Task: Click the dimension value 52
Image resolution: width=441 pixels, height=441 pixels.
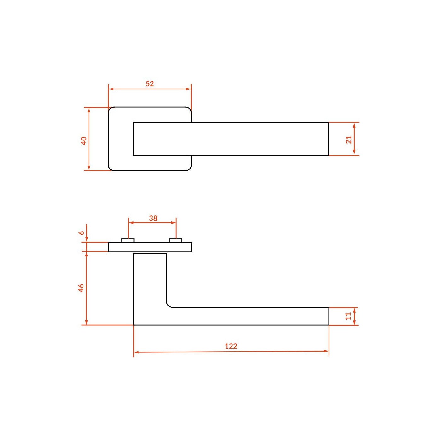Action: tap(150, 84)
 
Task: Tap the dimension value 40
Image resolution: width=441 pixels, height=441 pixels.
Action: tap(84, 140)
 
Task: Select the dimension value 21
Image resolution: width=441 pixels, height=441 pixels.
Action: tap(348, 140)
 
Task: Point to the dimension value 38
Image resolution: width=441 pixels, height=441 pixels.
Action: tap(153, 218)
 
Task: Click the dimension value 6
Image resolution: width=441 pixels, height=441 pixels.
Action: tap(82, 233)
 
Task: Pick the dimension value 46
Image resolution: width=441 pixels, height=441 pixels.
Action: tap(81, 288)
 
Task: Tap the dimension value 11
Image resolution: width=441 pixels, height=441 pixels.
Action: tap(348, 316)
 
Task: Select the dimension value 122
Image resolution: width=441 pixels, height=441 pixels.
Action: tap(231, 346)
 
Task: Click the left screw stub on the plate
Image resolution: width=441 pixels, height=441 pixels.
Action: tap(128, 240)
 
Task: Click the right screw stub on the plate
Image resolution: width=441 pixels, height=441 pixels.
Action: tap(175, 240)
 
